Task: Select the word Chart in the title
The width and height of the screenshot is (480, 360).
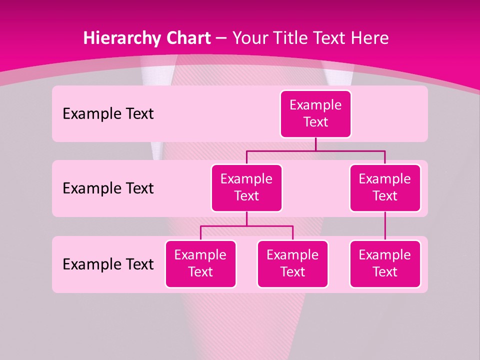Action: coord(186,38)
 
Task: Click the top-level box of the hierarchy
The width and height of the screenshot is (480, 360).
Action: coord(315,114)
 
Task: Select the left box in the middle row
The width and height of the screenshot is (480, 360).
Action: coord(246,187)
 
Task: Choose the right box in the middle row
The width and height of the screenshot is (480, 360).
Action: coord(385,187)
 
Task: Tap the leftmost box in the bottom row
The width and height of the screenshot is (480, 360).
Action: coord(200,263)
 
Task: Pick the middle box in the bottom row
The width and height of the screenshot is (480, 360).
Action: coord(292,263)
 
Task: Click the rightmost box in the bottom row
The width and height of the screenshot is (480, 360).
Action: coord(385,263)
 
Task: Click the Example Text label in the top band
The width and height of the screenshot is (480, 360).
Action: coord(108,114)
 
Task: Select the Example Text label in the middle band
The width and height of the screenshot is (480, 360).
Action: coord(108,188)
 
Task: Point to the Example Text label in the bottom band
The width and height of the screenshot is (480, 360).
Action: coord(108,264)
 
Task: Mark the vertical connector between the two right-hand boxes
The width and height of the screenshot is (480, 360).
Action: coord(385,226)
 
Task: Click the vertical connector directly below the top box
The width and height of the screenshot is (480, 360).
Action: coord(315,144)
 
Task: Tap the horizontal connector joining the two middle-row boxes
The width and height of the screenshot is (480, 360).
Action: coord(315,150)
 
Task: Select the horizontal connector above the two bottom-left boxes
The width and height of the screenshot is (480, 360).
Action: coord(246,226)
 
